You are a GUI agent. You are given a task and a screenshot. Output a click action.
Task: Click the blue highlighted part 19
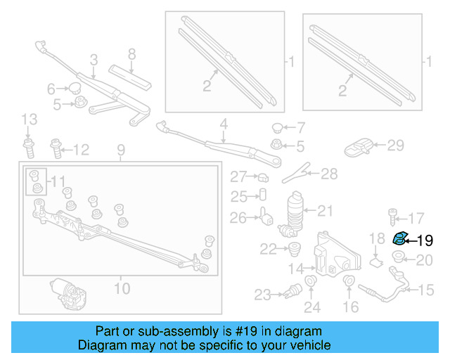(x=399, y=238)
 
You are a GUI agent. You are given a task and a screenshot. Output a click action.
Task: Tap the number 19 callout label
(x=425, y=240)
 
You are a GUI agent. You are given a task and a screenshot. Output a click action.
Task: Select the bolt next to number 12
(x=56, y=148)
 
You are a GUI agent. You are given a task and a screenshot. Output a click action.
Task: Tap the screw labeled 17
(x=392, y=216)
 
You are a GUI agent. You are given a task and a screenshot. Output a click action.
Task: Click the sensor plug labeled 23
(x=288, y=290)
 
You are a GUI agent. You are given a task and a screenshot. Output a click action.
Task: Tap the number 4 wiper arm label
(x=224, y=124)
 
